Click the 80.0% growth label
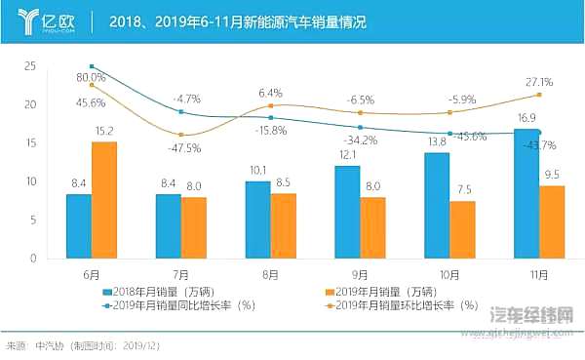91,76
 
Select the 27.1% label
538,82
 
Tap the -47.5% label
184,148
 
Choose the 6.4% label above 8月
270,93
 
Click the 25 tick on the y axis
30,66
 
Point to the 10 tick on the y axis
30,181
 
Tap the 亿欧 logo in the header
45,20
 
